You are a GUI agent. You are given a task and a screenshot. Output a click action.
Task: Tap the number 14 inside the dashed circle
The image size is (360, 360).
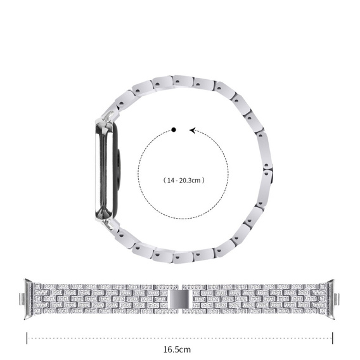(169, 181)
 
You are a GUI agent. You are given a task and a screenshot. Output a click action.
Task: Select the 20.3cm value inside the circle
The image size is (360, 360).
(191, 181)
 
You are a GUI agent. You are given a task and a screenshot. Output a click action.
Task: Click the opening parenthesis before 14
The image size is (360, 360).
(163, 181)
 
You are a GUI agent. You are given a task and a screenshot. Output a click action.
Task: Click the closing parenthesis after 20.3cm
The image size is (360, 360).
(205, 181)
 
